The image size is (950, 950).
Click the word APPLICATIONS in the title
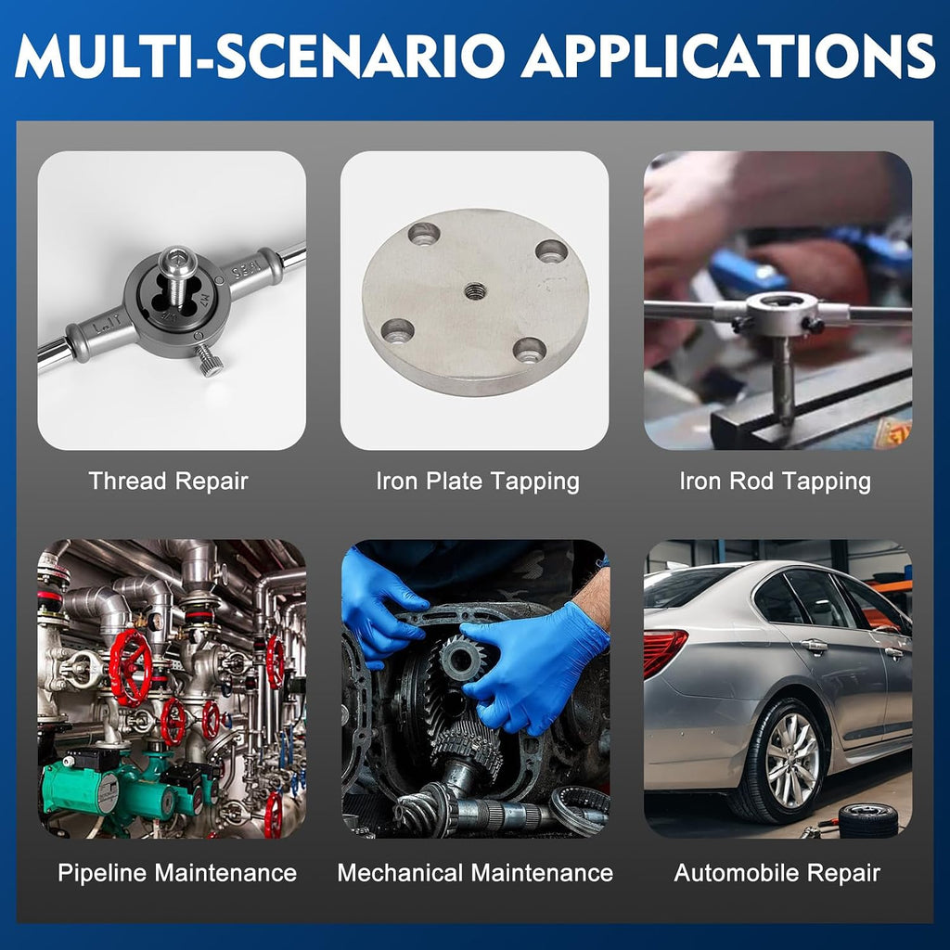728,56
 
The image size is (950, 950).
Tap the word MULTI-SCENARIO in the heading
260,56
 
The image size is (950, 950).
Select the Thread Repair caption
169,481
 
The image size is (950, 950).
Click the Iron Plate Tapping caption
478,482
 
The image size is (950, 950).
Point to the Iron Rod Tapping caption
775,482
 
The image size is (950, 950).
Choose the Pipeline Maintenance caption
177,873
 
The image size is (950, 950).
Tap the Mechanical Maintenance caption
475,873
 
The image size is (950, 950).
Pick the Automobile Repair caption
777,874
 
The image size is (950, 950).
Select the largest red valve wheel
131,667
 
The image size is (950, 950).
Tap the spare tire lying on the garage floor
868,820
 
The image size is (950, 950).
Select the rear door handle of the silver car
815,647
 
